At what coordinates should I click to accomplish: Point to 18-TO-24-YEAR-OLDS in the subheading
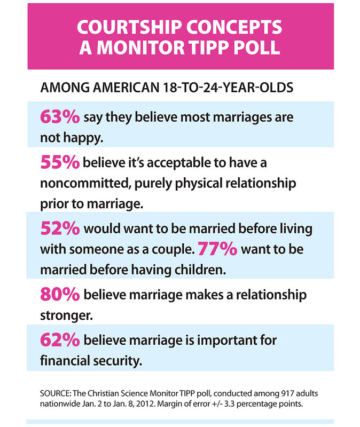click(x=231, y=88)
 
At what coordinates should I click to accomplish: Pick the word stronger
click(x=66, y=315)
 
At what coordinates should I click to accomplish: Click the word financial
click(x=67, y=360)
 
